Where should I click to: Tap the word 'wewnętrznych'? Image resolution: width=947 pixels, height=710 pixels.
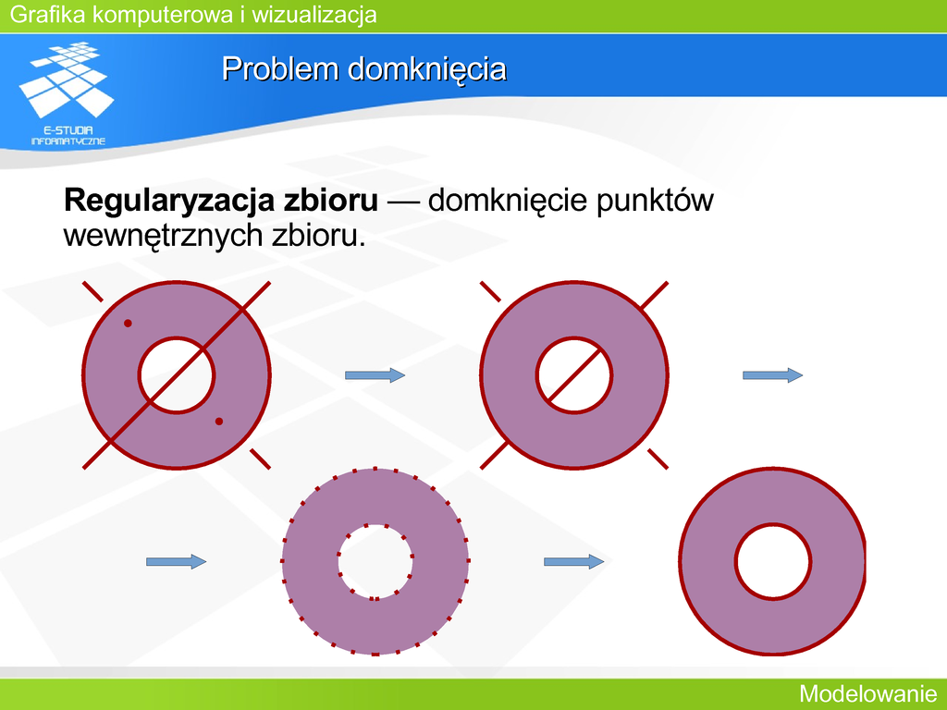click(x=163, y=235)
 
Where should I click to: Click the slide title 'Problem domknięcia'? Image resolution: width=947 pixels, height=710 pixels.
click(x=363, y=68)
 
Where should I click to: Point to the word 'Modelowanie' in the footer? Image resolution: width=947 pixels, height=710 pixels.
click(x=867, y=693)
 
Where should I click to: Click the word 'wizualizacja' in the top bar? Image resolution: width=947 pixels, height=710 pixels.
click(x=314, y=14)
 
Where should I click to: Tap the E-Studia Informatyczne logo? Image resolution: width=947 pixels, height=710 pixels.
click(x=67, y=93)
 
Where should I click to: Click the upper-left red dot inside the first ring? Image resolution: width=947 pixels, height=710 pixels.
click(x=128, y=324)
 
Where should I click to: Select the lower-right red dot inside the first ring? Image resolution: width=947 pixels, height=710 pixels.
click(x=218, y=422)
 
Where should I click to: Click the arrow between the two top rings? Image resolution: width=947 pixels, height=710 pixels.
click(x=375, y=375)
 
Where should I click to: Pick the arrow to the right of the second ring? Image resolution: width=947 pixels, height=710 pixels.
click(x=772, y=375)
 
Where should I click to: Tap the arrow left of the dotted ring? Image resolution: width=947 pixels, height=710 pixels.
click(x=176, y=561)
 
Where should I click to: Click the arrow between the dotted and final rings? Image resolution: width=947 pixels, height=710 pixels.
click(x=573, y=561)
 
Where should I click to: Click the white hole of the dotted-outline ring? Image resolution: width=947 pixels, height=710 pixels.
click(x=375, y=561)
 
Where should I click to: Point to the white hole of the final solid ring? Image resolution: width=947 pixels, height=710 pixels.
click(x=773, y=561)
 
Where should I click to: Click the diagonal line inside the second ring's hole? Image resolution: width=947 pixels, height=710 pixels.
click(x=573, y=375)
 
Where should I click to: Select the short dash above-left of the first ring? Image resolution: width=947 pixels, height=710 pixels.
click(x=92, y=291)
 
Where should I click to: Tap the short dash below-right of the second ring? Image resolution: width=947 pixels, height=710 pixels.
click(x=658, y=459)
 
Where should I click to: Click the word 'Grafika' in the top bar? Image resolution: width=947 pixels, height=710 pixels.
click(x=48, y=14)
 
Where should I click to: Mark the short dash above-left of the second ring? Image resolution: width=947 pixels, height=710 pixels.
click(x=490, y=291)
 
